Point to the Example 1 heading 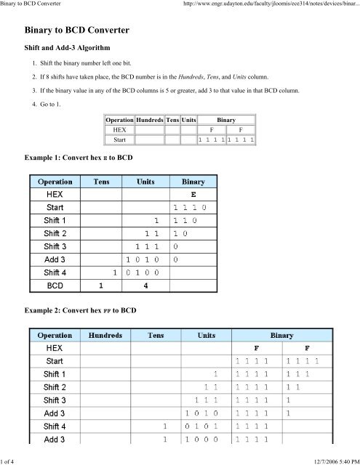(80, 156)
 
